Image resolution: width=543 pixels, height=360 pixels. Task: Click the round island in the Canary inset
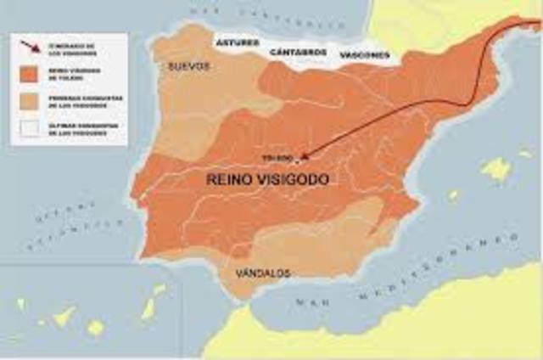(x=95, y=327)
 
